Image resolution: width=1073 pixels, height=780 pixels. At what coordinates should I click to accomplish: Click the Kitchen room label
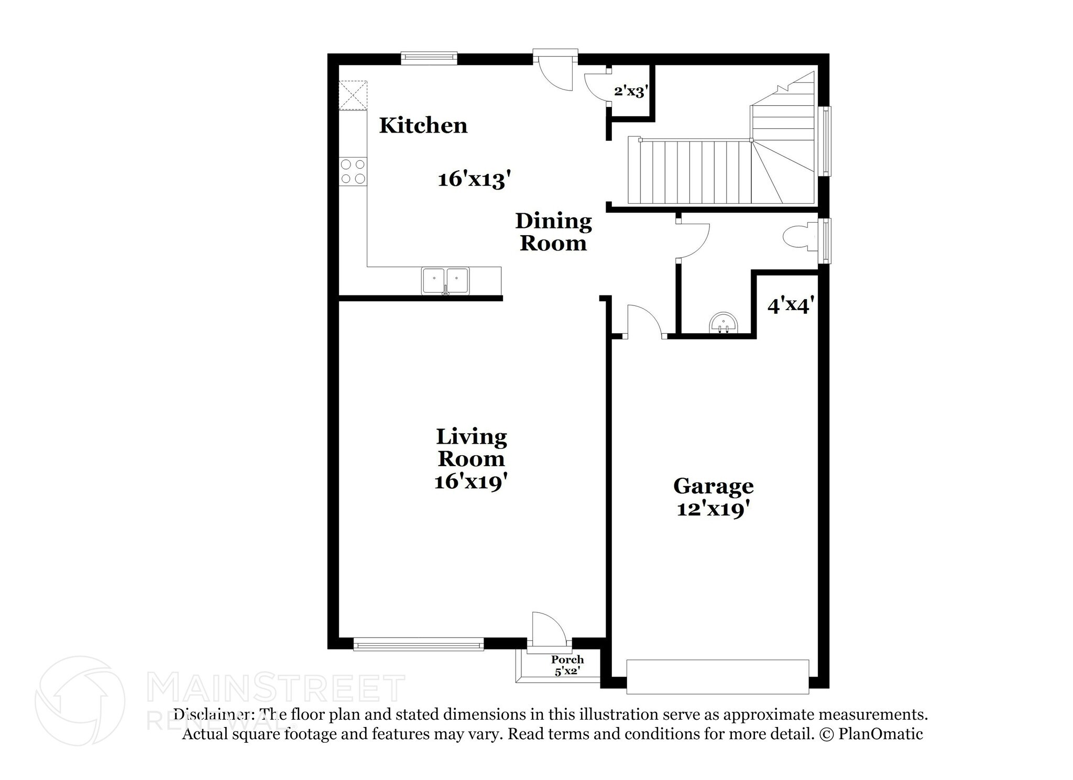(x=423, y=126)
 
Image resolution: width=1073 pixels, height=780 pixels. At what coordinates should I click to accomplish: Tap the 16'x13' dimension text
(x=474, y=180)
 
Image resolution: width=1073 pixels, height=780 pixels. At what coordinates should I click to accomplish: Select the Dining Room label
(x=553, y=232)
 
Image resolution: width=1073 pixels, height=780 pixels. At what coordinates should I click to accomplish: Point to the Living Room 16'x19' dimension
(x=471, y=481)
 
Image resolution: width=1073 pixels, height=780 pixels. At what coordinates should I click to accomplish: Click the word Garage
(x=713, y=486)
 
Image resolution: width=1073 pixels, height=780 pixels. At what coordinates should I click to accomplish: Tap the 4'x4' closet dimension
(x=790, y=305)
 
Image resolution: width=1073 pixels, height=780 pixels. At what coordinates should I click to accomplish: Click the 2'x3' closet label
(x=631, y=92)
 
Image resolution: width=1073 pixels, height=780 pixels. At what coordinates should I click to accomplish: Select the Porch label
(x=567, y=660)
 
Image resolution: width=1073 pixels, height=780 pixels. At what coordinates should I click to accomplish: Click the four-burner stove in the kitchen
(x=353, y=171)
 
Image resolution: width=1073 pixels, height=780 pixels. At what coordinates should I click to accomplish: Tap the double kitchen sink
(x=445, y=281)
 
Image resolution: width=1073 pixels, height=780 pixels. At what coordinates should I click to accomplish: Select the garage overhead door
(x=717, y=677)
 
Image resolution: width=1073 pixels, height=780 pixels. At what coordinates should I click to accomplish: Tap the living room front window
(x=418, y=644)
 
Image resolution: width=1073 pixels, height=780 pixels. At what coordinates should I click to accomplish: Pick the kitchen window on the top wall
(x=429, y=58)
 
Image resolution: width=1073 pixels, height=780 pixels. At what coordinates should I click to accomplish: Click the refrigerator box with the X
(x=353, y=95)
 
